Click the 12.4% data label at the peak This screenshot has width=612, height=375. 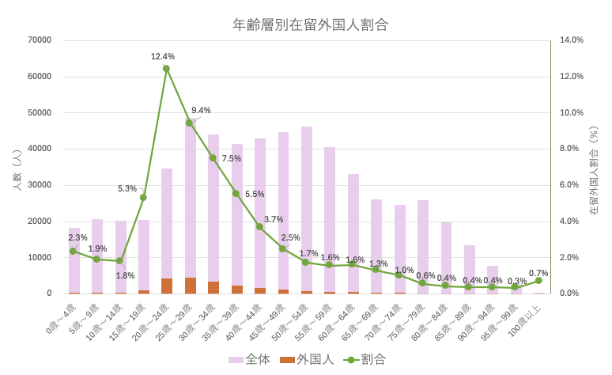click(x=162, y=56)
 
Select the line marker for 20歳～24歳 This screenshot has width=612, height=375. click(x=166, y=69)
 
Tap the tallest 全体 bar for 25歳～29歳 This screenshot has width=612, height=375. click(x=190, y=198)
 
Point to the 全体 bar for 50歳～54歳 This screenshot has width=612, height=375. click(x=306, y=206)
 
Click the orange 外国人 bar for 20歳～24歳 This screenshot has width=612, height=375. click(x=166, y=286)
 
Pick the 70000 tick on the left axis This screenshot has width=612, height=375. click(x=39, y=40)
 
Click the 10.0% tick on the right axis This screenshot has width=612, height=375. click(x=572, y=112)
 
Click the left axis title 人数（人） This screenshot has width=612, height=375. click(x=17, y=166)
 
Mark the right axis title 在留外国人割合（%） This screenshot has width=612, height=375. click(x=594, y=166)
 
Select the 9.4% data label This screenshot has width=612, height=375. click(x=201, y=110)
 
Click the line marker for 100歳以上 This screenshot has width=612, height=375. click(x=538, y=280)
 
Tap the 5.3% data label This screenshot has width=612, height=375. click(x=127, y=188)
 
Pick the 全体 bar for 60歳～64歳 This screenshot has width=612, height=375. click(x=353, y=233)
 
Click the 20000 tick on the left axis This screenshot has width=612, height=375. click(x=39, y=222)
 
